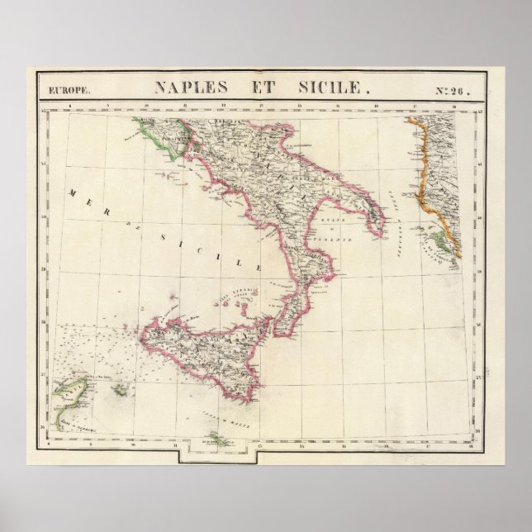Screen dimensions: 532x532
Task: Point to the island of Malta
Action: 217,439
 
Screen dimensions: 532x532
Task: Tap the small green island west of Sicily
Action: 120,388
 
